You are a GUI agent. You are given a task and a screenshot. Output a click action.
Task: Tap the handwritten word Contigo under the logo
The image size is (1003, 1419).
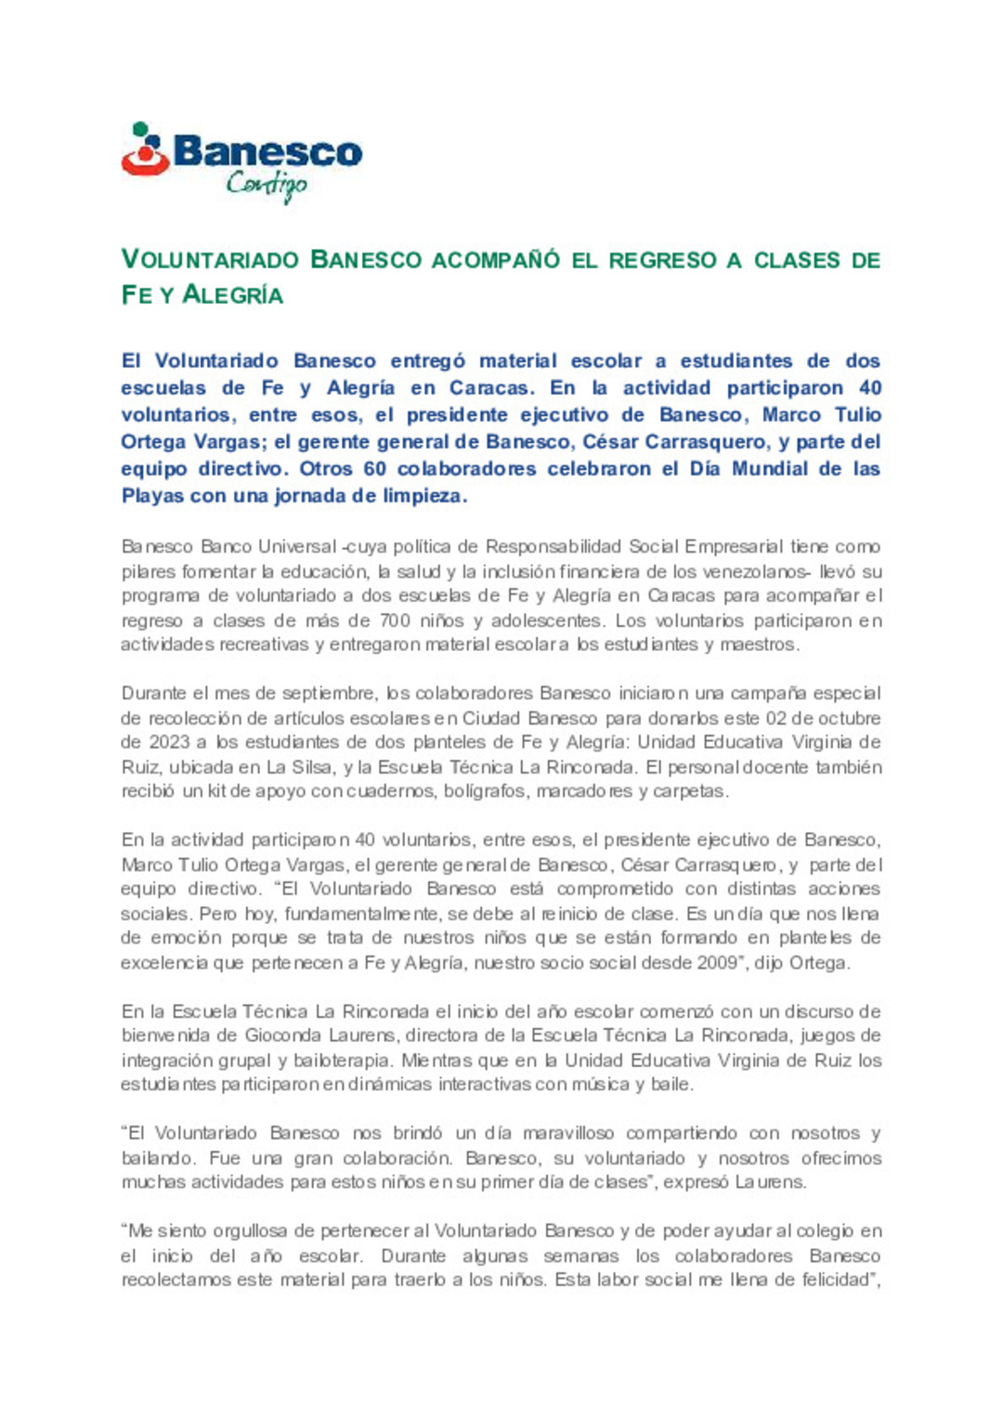(x=267, y=185)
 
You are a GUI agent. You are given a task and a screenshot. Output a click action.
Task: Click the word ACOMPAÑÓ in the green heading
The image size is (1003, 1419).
(x=496, y=260)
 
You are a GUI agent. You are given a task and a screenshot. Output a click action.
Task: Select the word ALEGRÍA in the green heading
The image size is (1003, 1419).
(x=232, y=295)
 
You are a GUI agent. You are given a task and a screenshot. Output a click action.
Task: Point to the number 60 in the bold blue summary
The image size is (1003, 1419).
(x=375, y=469)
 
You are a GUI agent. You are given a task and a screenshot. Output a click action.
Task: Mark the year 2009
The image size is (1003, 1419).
(x=717, y=963)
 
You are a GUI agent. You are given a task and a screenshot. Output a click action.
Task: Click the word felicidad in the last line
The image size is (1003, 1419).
(x=830, y=1280)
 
